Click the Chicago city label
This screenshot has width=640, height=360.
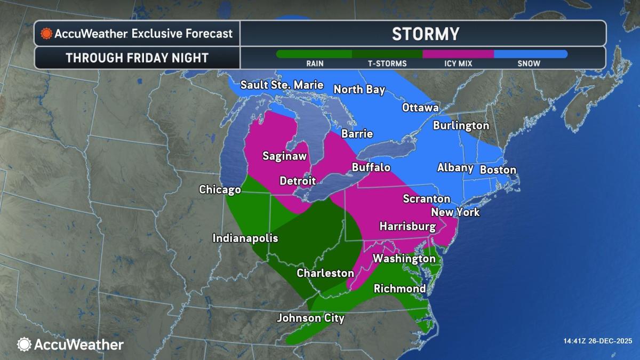(x=220, y=190)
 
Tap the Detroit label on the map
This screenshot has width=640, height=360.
(x=298, y=181)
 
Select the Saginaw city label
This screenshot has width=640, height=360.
(x=284, y=156)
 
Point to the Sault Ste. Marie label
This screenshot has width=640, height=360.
(x=282, y=85)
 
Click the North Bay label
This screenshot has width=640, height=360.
(x=359, y=90)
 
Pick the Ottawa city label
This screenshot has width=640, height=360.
(x=420, y=108)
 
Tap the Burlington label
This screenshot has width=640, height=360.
(x=461, y=126)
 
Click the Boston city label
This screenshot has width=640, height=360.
(x=498, y=170)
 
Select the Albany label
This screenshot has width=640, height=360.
(x=455, y=168)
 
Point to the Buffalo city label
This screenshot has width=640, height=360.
(x=371, y=167)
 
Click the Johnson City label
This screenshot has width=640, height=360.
(x=310, y=318)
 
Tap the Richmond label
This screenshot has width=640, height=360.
(x=399, y=289)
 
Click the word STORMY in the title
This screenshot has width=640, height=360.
(x=425, y=34)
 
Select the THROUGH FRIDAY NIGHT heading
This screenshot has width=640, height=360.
(x=137, y=58)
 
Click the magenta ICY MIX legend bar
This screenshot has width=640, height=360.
(x=458, y=54)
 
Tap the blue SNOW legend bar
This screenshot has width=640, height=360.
(x=530, y=54)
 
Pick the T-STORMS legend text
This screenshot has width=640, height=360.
(x=387, y=63)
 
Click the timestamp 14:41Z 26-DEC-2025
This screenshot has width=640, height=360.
(x=597, y=341)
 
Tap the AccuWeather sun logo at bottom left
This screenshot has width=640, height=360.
(x=24, y=345)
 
